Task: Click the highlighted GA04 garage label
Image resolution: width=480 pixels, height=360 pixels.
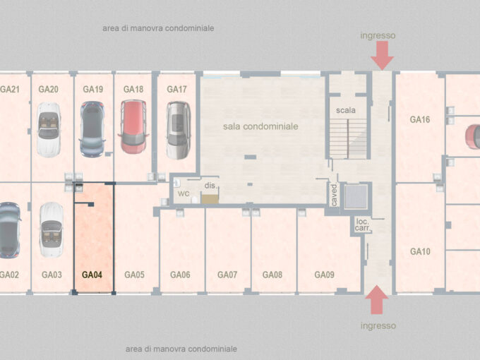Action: click(x=92, y=275)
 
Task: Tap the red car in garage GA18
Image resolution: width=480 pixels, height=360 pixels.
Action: click(x=133, y=126)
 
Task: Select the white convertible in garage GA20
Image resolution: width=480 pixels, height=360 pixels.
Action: click(x=49, y=129)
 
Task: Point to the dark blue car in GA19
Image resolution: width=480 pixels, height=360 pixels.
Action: click(x=92, y=129)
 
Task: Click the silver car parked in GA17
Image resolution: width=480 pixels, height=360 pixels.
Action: click(x=178, y=130)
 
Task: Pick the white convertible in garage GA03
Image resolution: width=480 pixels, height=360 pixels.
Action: click(x=52, y=229)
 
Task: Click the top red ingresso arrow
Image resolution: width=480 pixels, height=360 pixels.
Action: click(x=382, y=55)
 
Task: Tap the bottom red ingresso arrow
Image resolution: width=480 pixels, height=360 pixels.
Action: click(x=377, y=300)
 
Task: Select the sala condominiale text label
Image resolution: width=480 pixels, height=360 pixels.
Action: click(x=260, y=126)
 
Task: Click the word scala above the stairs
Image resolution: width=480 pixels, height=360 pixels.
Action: click(x=346, y=110)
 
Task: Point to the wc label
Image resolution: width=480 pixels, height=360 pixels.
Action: click(x=184, y=193)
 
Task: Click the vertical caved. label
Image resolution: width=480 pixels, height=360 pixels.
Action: click(x=334, y=195)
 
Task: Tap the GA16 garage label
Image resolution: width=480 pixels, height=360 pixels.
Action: click(x=420, y=119)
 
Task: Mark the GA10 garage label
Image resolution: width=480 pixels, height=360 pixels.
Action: click(x=420, y=251)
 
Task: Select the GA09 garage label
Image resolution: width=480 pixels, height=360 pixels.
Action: click(x=324, y=275)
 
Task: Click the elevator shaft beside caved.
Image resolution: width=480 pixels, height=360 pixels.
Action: click(x=356, y=196)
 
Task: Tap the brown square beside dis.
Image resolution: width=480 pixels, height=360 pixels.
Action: click(x=210, y=198)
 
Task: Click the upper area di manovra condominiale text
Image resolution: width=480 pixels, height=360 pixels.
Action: click(x=158, y=28)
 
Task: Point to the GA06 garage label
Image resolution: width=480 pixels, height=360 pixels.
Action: click(x=180, y=275)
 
